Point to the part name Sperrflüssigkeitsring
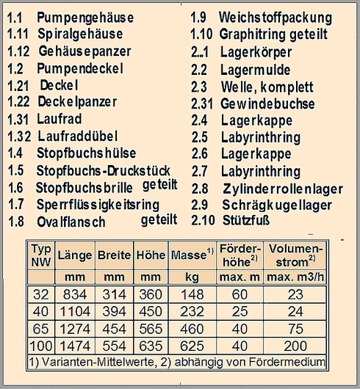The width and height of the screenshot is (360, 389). (98, 203)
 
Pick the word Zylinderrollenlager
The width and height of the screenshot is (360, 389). (283, 188)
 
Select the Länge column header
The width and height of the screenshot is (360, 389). (73, 255)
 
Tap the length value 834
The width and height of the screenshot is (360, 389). (73, 294)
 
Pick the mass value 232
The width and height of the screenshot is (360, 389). (191, 311)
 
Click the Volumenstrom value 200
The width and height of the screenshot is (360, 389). (296, 346)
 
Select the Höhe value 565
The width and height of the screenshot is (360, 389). (150, 329)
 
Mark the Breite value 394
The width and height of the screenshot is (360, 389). (114, 311)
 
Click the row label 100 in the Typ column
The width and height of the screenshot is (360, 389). (40, 346)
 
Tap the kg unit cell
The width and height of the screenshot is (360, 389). (191, 278)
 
